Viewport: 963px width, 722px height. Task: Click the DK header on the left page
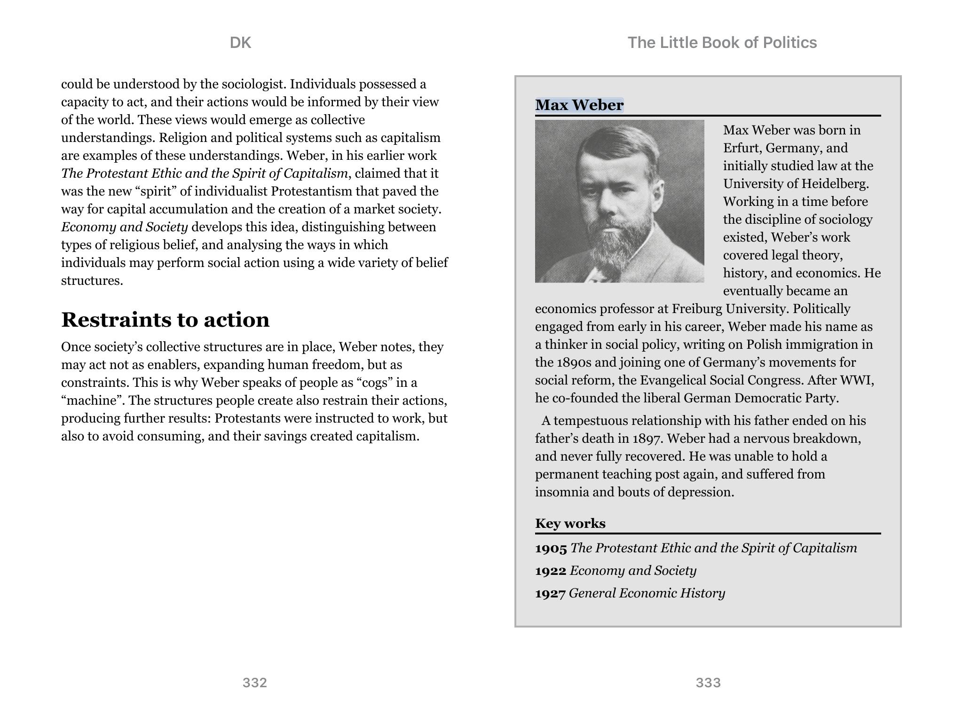(x=240, y=43)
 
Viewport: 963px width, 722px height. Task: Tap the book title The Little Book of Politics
(x=722, y=43)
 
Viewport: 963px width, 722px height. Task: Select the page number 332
(x=254, y=683)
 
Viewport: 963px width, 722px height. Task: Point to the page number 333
(x=708, y=683)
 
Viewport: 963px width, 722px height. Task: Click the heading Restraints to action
(x=165, y=320)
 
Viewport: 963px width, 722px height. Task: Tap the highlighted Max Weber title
(x=579, y=105)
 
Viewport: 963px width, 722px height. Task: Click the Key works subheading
(x=570, y=524)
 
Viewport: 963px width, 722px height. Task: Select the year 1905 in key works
(x=551, y=549)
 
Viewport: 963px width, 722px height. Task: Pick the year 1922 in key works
(x=551, y=571)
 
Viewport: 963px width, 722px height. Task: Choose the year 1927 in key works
(x=550, y=594)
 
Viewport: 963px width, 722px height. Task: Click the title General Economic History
(x=647, y=593)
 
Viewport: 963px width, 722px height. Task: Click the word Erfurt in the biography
(x=742, y=148)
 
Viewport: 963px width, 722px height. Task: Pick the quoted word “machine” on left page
(x=93, y=400)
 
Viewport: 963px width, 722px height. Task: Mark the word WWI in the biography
(x=856, y=380)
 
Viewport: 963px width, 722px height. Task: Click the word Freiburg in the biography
(x=696, y=309)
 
